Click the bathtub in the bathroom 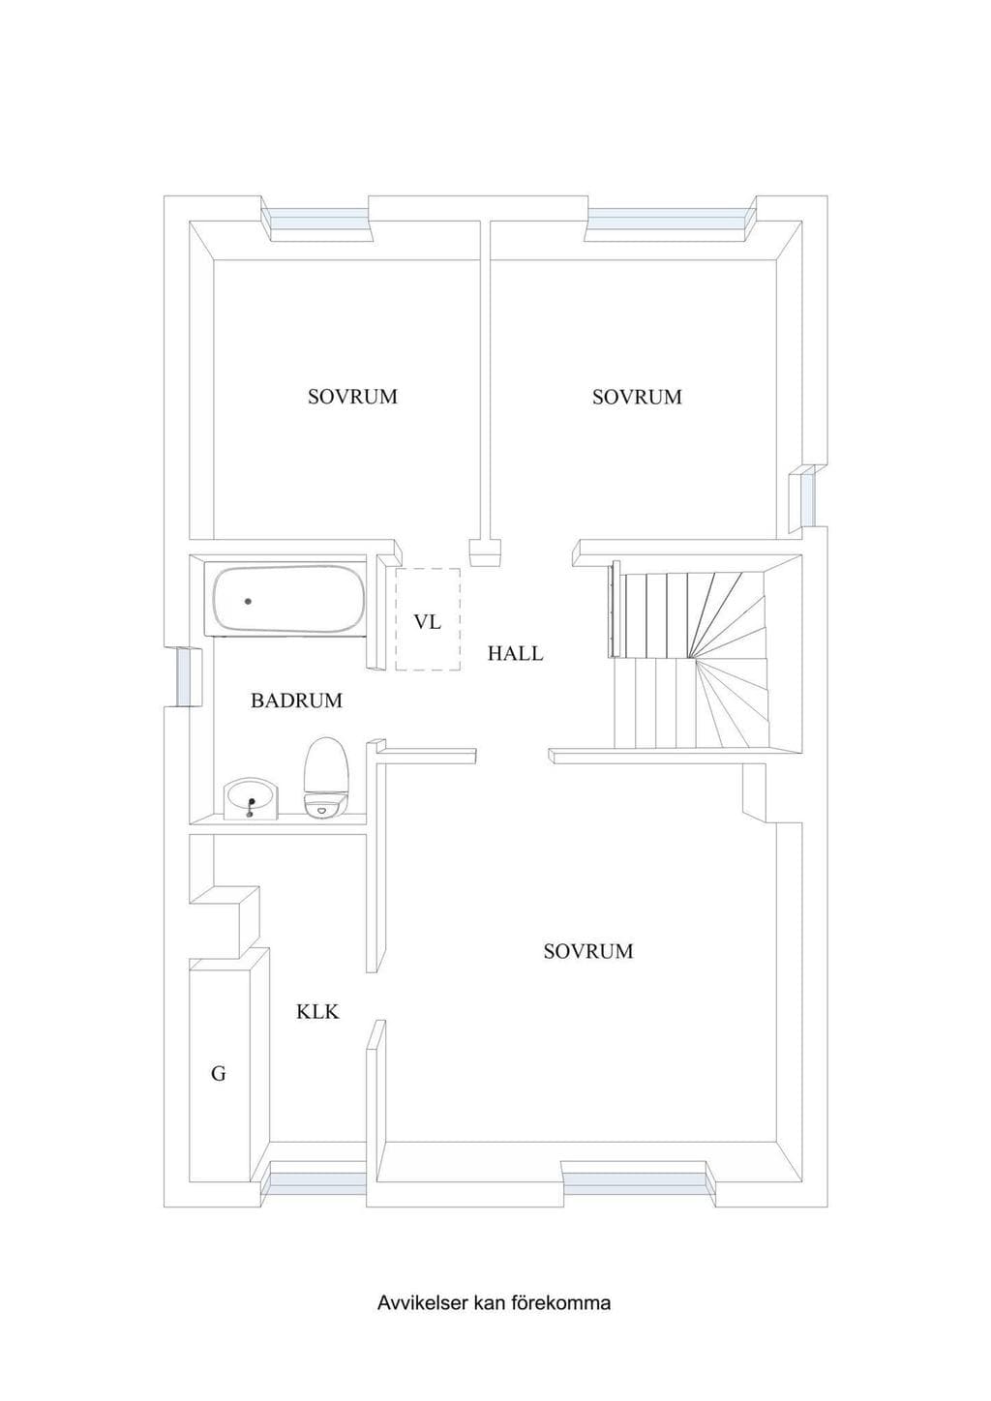[x=289, y=600]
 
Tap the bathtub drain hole [x=249, y=601]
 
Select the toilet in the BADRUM [x=325, y=777]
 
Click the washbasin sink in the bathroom [x=252, y=798]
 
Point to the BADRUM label [x=296, y=700]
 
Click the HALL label [x=515, y=654]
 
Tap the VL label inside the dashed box [x=428, y=622]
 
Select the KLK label [x=317, y=1011]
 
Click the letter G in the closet [x=219, y=1074]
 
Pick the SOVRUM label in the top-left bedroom [x=352, y=397]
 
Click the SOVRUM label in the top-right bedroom [x=637, y=397]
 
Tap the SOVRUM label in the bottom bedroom [x=588, y=951]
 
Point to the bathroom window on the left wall [x=185, y=676]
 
